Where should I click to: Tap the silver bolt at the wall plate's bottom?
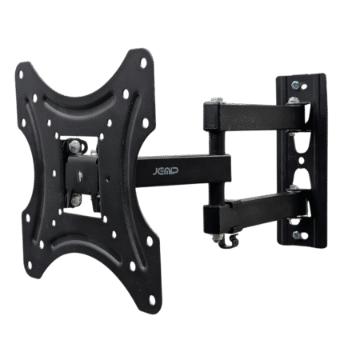pyautogui.click(x=298, y=235)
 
